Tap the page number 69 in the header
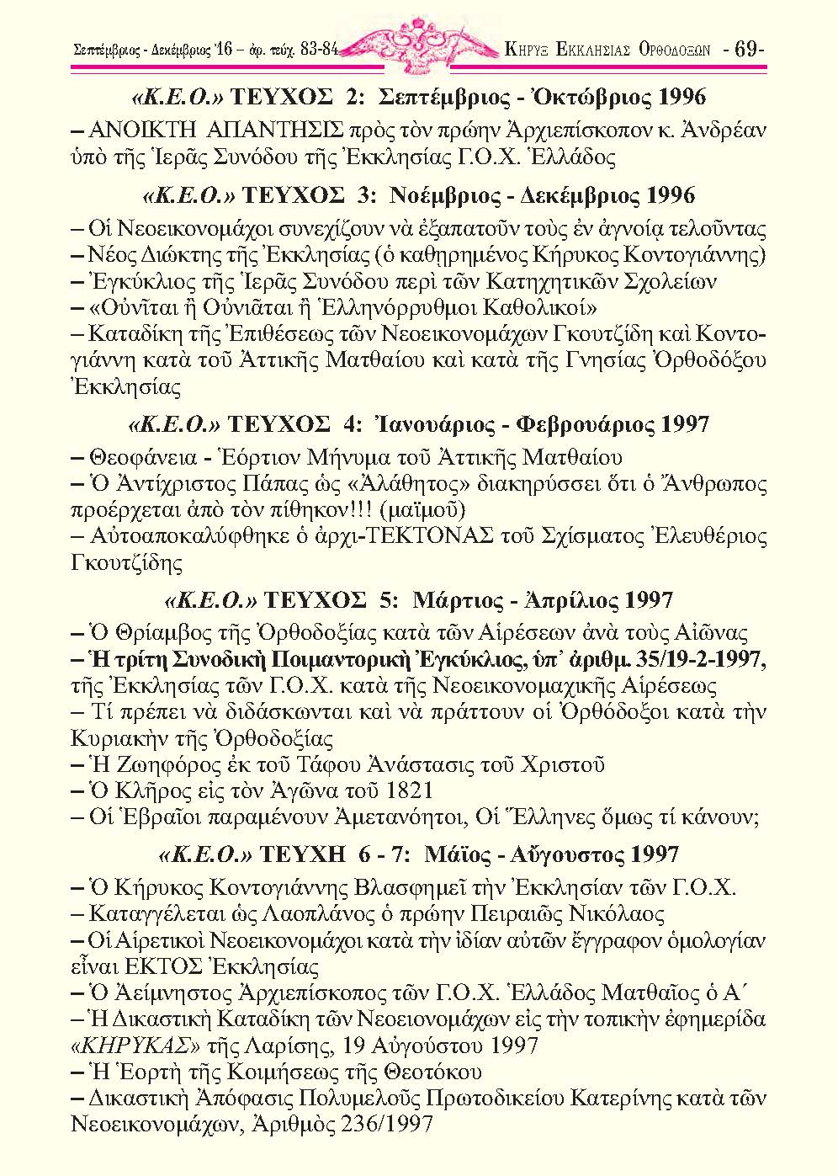click(x=747, y=48)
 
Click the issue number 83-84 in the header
click(x=318, y=49)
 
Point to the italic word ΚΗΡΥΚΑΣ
click(x=135, y=1046)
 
